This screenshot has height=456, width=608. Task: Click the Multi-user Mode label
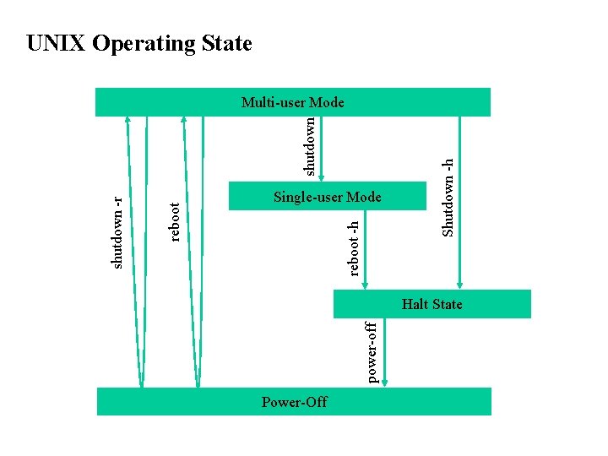point(292,103)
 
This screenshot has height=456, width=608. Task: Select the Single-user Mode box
point(328,196)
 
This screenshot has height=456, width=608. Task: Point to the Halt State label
point(432,304)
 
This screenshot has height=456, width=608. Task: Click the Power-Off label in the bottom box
point(294,402)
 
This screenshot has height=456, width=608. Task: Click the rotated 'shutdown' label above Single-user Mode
point(310,146)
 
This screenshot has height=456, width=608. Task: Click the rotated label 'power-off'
point(372,350)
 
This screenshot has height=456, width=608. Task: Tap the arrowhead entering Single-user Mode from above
point(322,177)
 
